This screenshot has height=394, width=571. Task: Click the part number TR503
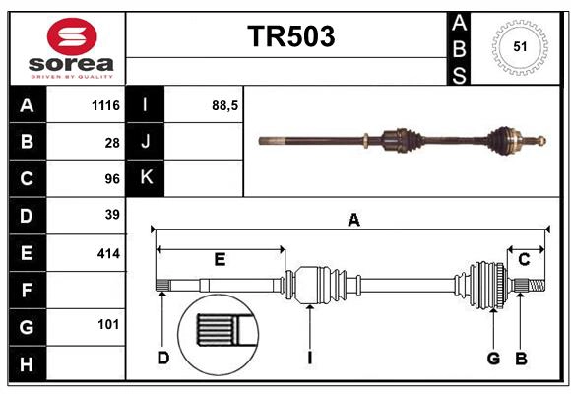click(290, 36)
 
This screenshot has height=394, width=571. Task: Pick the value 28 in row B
click(112, 143)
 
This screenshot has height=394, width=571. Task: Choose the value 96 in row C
click(112, 179)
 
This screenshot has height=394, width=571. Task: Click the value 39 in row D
click(112, 215)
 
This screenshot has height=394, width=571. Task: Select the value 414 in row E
click(108, 253)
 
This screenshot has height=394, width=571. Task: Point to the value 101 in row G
click(108, 324)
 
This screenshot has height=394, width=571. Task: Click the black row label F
click(27, 291)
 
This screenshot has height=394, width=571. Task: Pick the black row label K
click(146, 178)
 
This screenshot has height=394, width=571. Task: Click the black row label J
click(146, 142)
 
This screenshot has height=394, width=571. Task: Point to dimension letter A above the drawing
click(353, 221)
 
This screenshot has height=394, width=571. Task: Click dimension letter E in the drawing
click(220, 260)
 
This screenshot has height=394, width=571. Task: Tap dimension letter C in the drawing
click(524, 259)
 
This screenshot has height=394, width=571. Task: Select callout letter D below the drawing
click(163, 358)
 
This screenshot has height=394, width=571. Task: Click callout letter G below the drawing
click(493, 358)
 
